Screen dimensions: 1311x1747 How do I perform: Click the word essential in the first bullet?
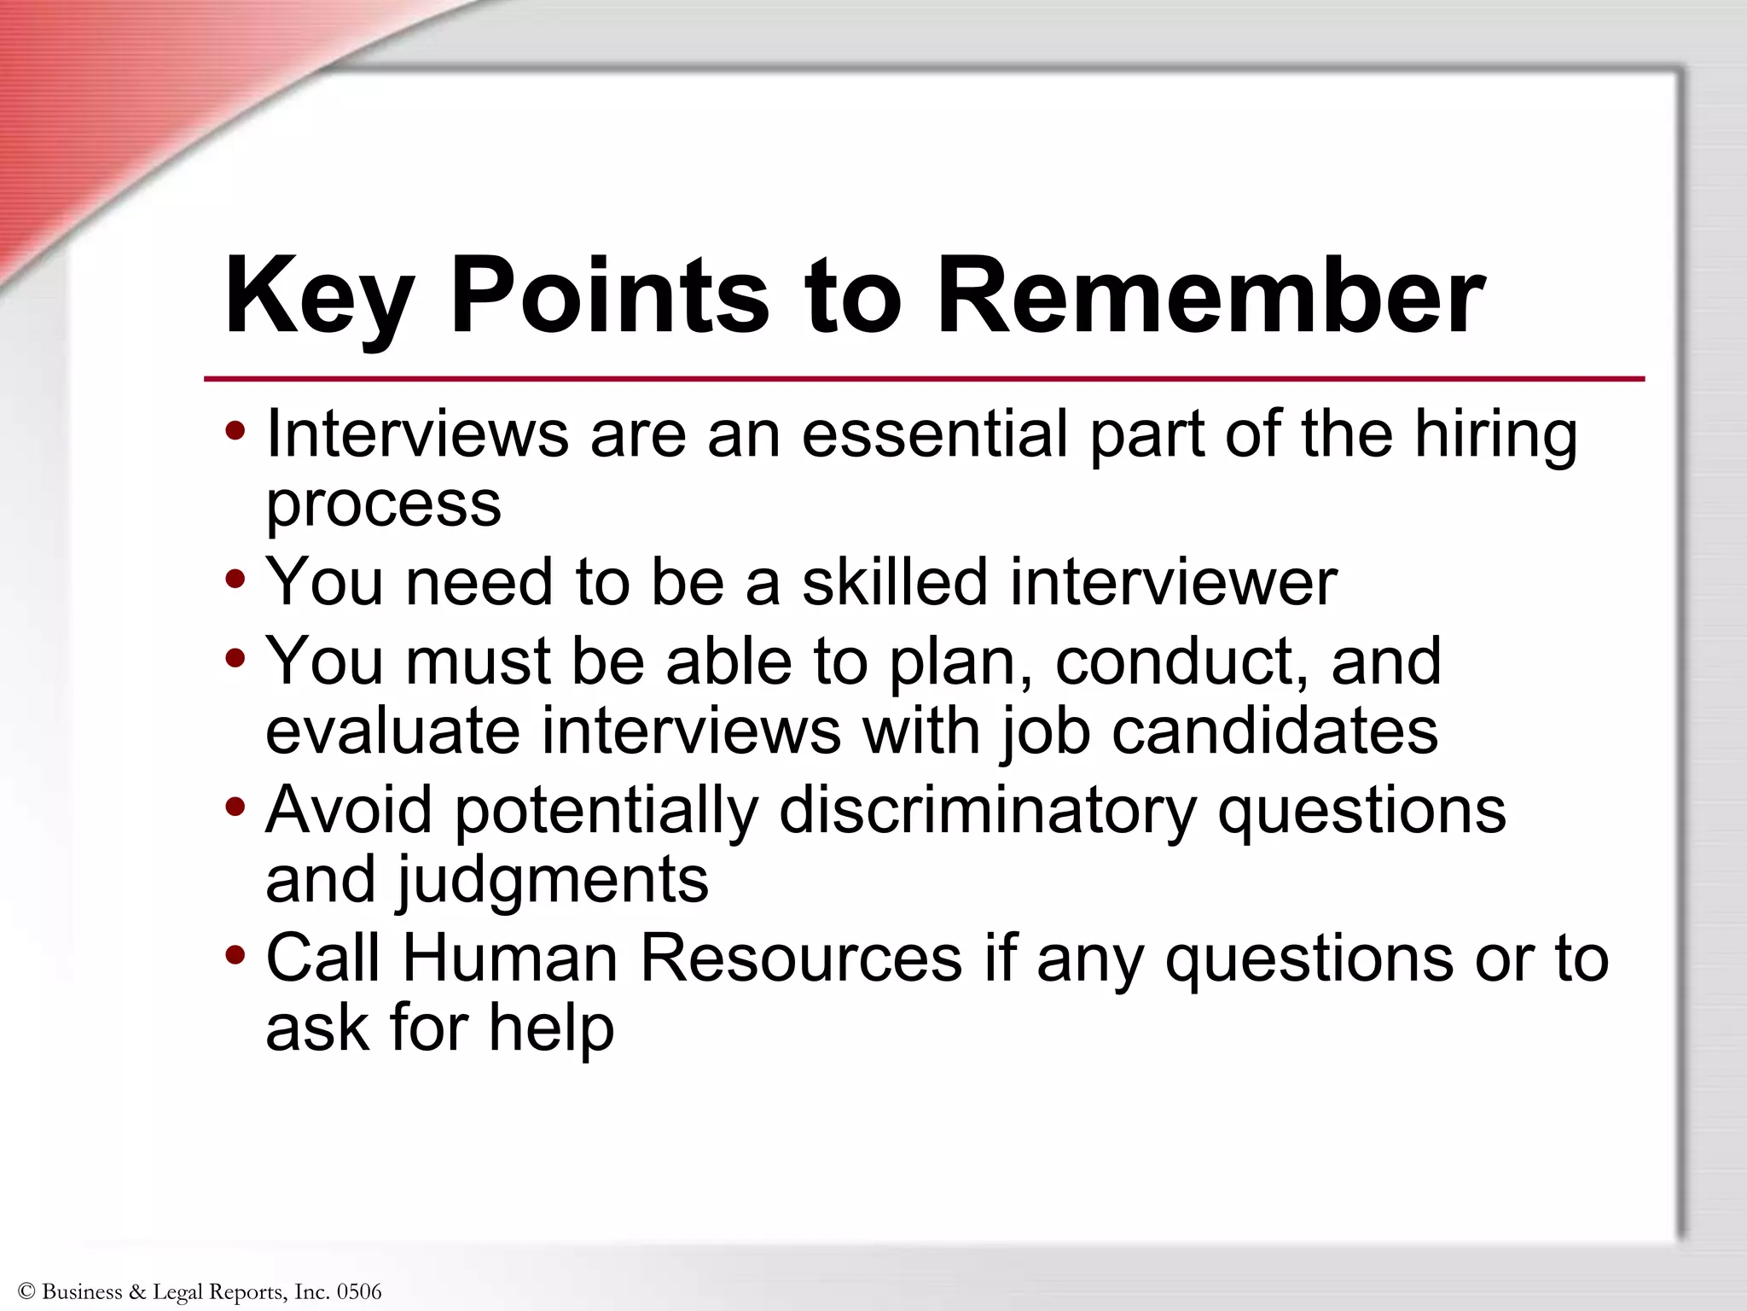pyautogui.click(x=935, y=434)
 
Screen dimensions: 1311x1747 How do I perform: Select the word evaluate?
pyautogui.click(x=393, y=731)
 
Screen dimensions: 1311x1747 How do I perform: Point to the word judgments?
pyautogui.click(x=551, y=881)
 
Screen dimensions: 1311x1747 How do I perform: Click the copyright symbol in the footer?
pyautogui.click(x=26, y=1291)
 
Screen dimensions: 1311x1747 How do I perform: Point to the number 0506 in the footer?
pyautogui.click(x=358, y=1291)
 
